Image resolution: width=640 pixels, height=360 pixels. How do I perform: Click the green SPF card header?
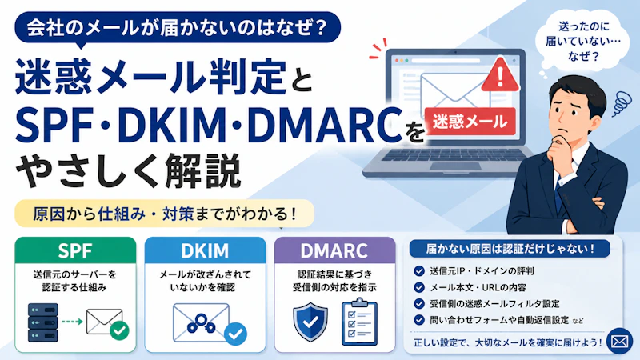pyautogui.click(x=75, y=250)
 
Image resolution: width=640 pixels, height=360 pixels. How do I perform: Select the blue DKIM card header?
pyautogui.click(x=205, y=250)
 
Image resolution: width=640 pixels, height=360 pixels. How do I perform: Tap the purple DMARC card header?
pyautogui.click(x=334, y=250)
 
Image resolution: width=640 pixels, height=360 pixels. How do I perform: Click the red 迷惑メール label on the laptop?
pyautogui.click(x=470, y=122)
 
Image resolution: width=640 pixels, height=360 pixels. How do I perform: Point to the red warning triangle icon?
pyautogui.click(x=501, y=76)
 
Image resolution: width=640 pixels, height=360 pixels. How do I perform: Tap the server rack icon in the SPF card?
pyautogui.click(x=43, y=322)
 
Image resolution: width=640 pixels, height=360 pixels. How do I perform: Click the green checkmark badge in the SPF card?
pyautogui.click(x=119, y=330)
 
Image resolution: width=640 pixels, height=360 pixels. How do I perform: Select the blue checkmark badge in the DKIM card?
pyautogui.click(x=235, y=334)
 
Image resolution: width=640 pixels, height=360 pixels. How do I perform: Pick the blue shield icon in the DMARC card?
pyautogui.click(x=310, y=322)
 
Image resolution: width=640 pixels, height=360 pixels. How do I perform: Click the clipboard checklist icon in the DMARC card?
pyautogui.click(x=359, y=322)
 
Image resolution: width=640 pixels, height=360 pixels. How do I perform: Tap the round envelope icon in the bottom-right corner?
pyautogui.click(x=619, y=341)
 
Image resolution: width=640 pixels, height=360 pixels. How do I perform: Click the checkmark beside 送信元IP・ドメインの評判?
pyautogui.click(x=419, y=271)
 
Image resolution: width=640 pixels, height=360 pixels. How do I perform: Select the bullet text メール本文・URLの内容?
pyautogui.click(x=478, y=288)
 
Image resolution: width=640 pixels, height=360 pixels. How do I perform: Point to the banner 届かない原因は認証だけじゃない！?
pyautogui.click(x=510, y=249)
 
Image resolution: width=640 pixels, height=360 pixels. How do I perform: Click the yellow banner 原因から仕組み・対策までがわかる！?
pyautogui.click(x=165, y=214)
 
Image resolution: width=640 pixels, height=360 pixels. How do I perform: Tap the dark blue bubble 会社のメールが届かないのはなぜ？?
pyautogui.click(x=178, y=28)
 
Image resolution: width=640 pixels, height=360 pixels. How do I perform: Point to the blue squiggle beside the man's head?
pyautogui.click(x=622, y=103)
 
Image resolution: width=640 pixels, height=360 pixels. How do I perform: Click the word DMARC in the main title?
pyautogui.click(x=325, y=125)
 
